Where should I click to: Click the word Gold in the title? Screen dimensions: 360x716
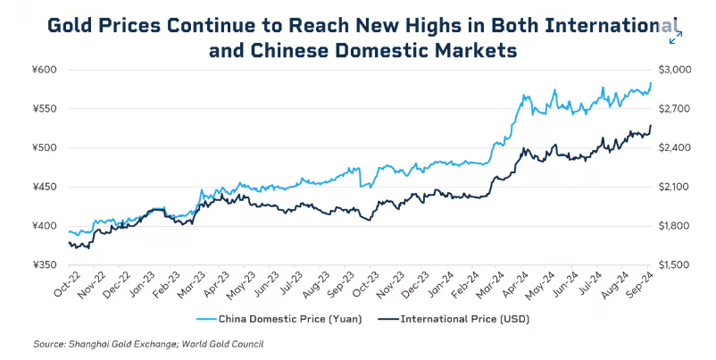click(x=71, y=24)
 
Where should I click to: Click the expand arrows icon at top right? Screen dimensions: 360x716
click(x=676, y=36)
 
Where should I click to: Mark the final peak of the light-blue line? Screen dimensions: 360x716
click(x=651, y=83)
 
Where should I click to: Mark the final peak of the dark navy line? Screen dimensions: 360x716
click(x=651, y=125)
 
